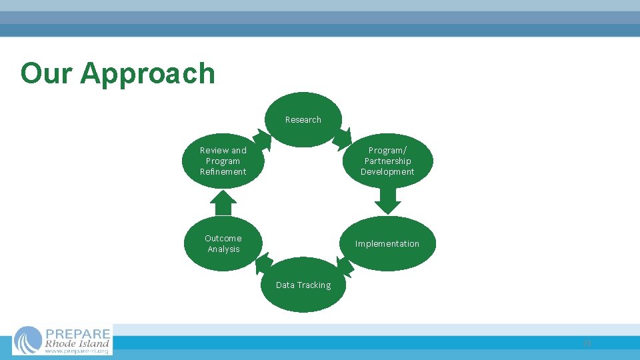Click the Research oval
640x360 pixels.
[303, 119]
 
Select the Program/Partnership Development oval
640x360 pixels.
[387, 161]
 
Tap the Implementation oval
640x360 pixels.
[387, 243]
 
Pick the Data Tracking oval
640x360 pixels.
[303, 285]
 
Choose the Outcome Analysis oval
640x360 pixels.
[223, 243]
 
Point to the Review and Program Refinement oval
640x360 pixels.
[223, 161]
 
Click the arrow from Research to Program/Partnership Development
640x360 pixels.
[343, 138]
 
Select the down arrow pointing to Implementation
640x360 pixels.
[387, 199]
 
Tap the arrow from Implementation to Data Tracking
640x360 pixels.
[345, 266]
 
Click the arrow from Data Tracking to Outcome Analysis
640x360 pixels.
[263, 263]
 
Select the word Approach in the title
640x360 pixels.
[147, 73]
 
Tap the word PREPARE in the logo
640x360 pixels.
[77, 333]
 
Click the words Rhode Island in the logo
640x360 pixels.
[77, 344]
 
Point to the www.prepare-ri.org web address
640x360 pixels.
[77, 351]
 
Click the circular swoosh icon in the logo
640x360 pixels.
[28, 340]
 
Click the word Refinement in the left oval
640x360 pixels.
[223, 172]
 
